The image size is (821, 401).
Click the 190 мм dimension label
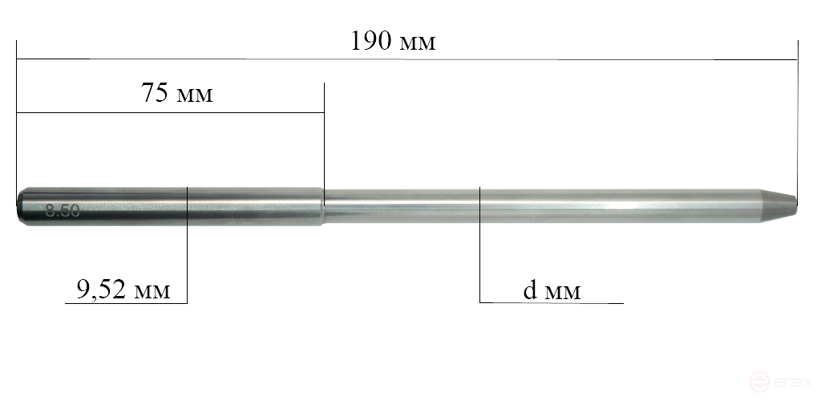click(393, 42)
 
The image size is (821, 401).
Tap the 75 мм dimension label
click(177, 94)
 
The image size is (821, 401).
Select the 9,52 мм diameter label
click(123, 289)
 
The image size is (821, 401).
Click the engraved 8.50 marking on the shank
click(63, 212)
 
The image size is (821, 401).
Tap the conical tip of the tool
click(779, 205)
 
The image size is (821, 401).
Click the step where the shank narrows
click(324, 207)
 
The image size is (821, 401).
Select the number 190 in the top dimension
click(371, 42)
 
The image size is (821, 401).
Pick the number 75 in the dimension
click(156, 94)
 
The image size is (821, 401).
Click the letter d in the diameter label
click(529, 290)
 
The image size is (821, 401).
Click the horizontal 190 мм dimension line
click(561, 59)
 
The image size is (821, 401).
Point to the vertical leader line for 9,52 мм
click(187, 257)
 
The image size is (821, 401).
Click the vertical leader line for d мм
click(479, 257)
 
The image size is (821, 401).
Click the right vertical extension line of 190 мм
click(798, 120)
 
